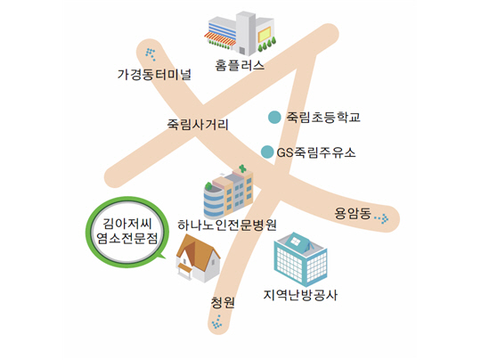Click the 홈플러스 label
[x=240, y=65]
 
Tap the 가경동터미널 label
[x=154, y=75]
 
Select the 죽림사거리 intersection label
[x=198, y=124]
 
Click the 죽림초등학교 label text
[x=323, y=117]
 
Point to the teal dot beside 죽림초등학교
[x=274, y=117]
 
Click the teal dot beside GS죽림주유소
[x=267, y=151]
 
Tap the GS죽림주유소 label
[x=316, y=152]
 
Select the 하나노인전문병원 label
[x=227, y=225]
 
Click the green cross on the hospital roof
[x=242, y=168]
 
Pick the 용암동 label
[x=353, y=213]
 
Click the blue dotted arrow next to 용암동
[x=382, y=218]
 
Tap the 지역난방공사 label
[x=300, y=295]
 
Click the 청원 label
[x=223, y=302]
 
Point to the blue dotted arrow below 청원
[x=217, y=323]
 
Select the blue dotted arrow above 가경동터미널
[x=150, y=54]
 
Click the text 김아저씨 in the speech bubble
[x=127, y=224]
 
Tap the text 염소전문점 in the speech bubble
[x=127, y=238]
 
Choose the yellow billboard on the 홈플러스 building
[x=265, y=35]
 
